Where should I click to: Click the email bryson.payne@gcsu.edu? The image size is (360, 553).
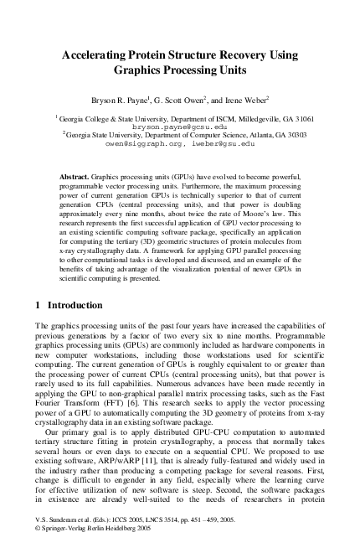(x=179, y=127)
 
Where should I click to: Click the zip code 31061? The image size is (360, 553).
(x=300, y=118)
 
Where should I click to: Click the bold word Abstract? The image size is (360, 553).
(x=76, y=178)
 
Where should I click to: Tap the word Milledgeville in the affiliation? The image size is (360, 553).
(x=244, y=118)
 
